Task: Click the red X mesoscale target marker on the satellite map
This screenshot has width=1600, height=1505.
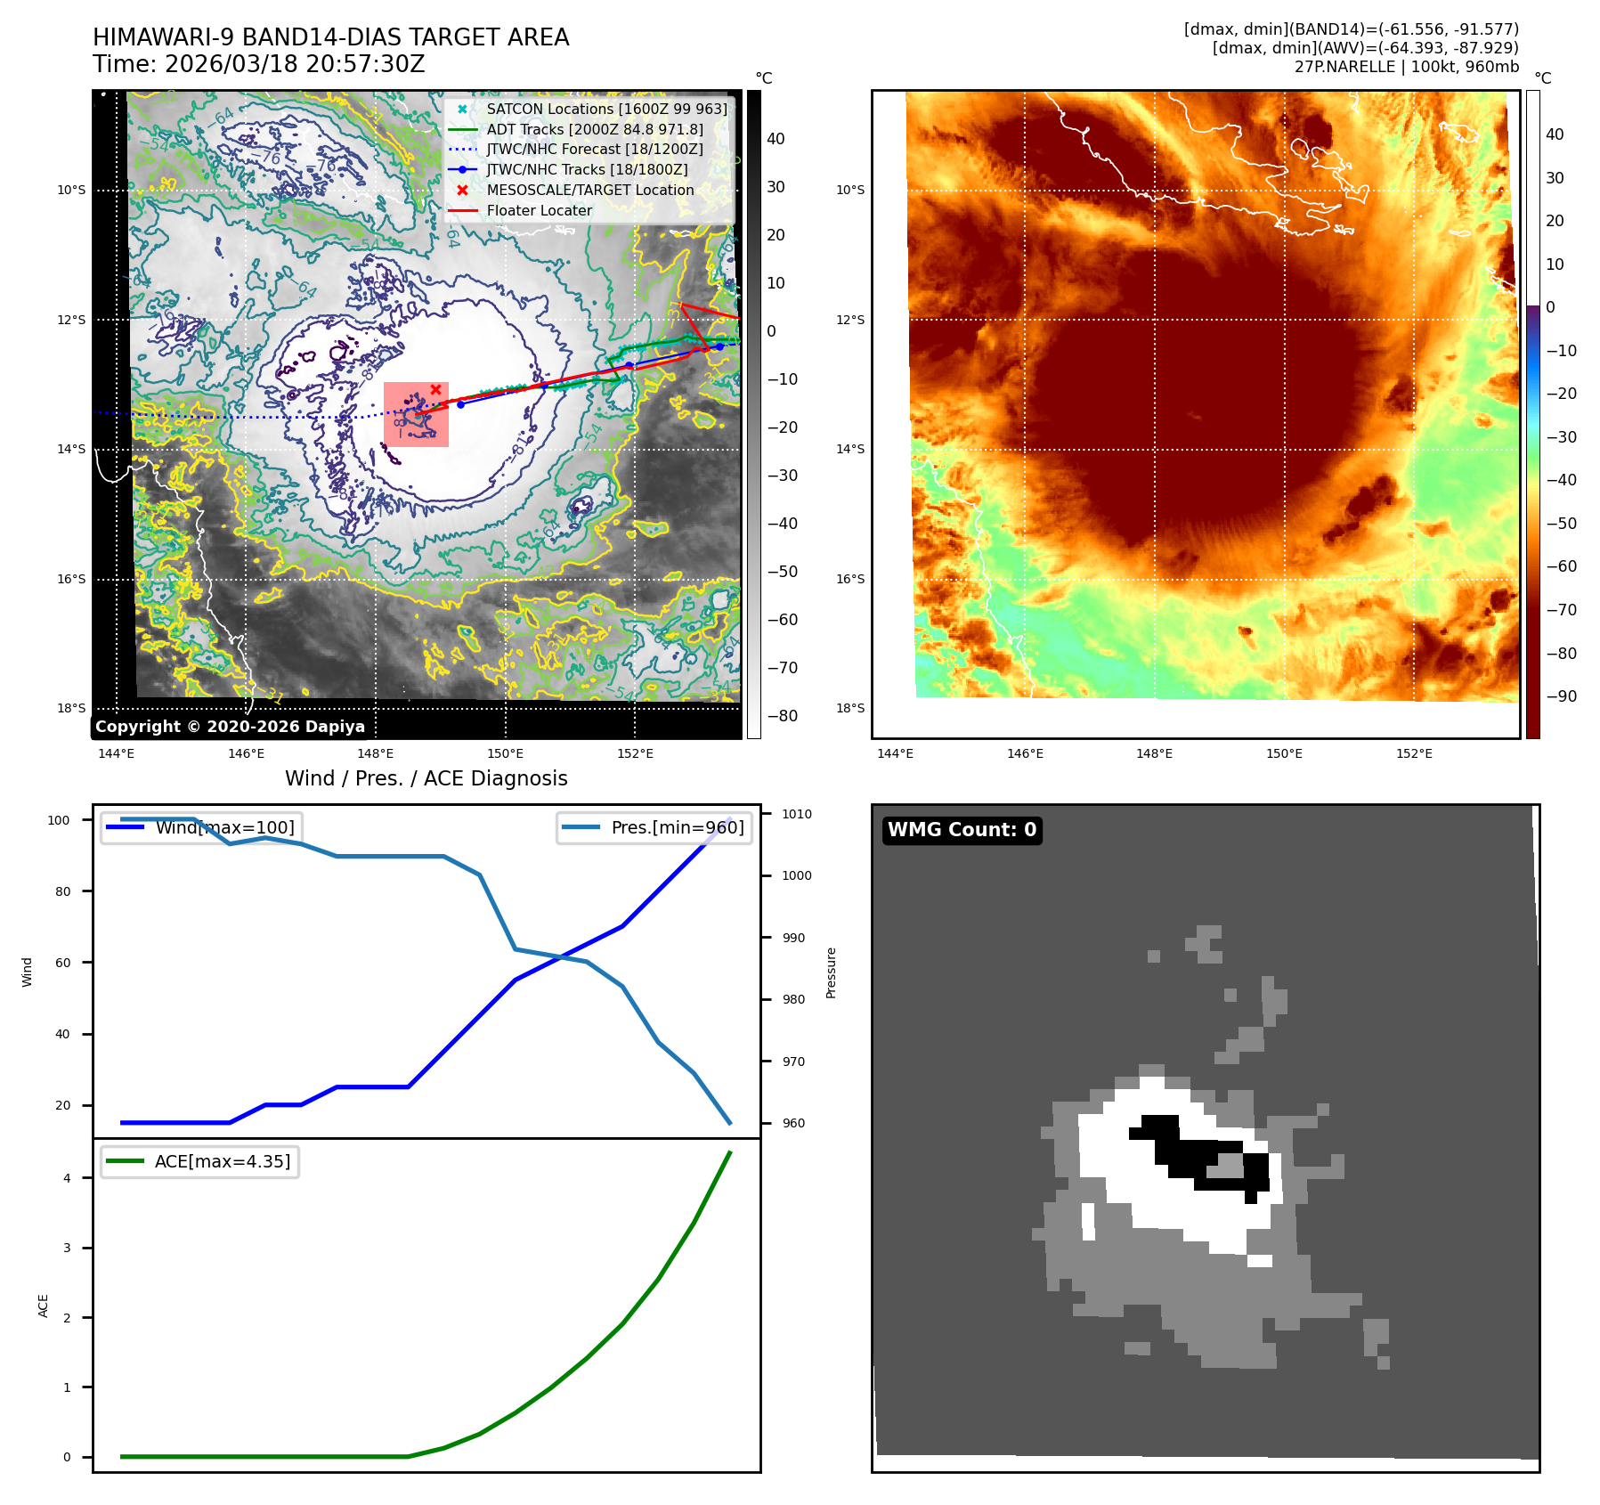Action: pos(435,389)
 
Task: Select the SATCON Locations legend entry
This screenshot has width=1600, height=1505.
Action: pos(605,109)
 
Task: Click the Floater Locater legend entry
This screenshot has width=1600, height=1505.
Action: pos(539,210)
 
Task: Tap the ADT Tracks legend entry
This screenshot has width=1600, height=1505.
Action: pos(594,129)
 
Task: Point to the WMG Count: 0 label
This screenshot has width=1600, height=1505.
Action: pos(962,830)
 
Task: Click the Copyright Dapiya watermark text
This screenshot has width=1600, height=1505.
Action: pos(230,727)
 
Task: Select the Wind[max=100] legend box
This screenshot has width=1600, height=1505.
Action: pos(200,827)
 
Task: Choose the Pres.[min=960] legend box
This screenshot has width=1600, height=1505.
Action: pos(654,827)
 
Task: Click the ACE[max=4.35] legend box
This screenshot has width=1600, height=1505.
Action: pos(200,1161)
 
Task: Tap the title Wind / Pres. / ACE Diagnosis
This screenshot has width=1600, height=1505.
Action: pos(426,778)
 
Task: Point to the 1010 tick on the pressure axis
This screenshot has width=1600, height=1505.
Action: pos(797,814)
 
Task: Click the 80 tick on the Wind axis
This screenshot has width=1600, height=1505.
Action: pos(62,891)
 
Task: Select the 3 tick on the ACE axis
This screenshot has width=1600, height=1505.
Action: pos(67,1248)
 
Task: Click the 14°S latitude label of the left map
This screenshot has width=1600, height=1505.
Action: pos(71,449)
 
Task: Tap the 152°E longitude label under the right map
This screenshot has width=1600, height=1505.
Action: pos(1414,753)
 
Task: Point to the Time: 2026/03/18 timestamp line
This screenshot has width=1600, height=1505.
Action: pos(258,64)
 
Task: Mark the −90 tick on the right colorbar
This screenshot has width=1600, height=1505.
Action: pos(1562,696)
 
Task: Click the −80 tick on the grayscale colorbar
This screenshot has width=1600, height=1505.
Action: pos(783,716)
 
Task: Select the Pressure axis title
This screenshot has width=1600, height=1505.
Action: pos(832,972)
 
